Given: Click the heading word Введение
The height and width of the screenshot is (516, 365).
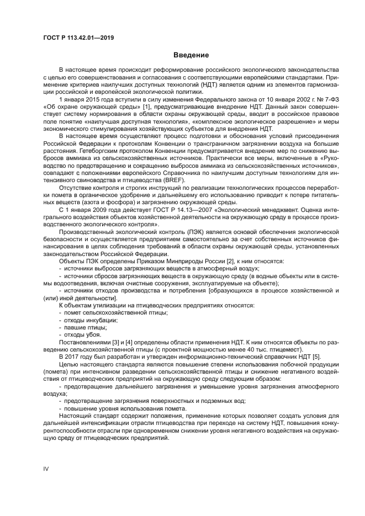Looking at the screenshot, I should pos(191,55).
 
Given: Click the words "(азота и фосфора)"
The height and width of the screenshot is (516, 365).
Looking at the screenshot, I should pos(93,203).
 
